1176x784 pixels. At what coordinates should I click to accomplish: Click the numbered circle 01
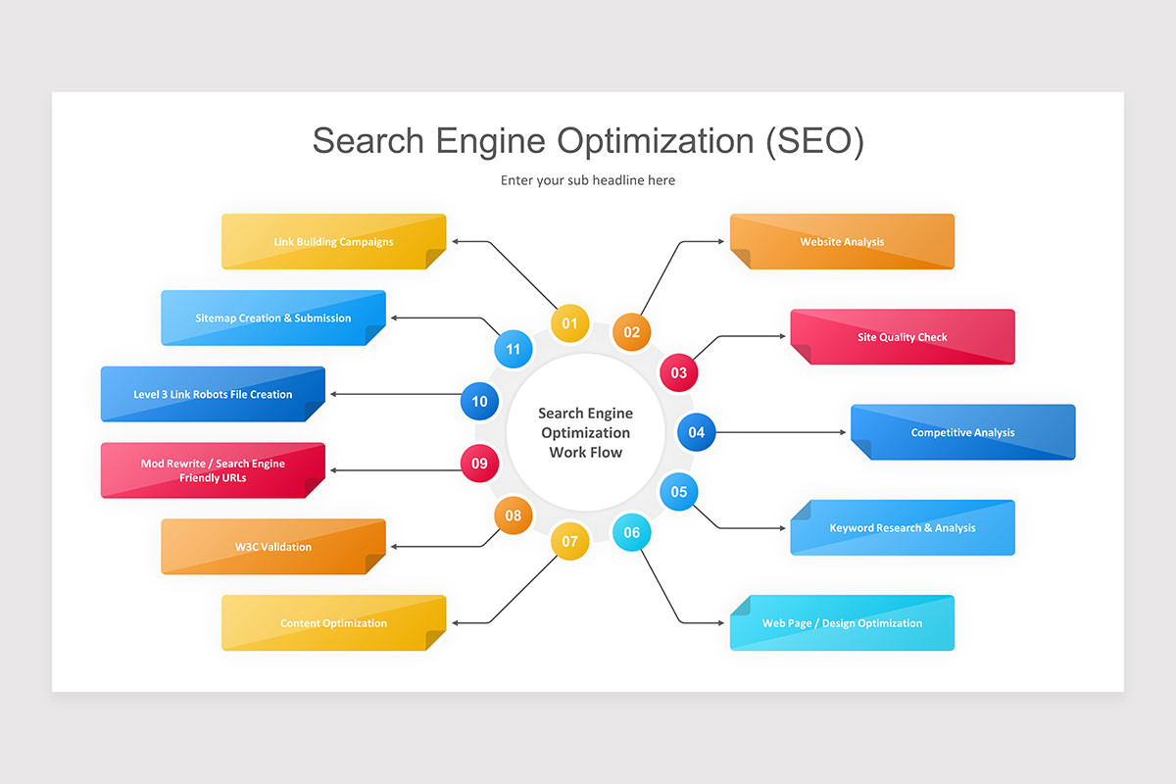[569, 323]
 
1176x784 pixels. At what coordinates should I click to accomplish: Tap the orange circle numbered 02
[631, 332]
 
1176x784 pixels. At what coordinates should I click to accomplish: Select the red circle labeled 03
[678, 372]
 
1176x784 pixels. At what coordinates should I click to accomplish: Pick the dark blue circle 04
[696, 432]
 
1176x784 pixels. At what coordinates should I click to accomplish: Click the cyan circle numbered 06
[631, 533]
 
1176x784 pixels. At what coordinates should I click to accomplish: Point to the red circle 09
[479, 464]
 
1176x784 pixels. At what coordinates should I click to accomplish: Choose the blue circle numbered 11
[513, 349]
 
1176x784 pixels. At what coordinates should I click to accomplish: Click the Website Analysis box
[842, 241]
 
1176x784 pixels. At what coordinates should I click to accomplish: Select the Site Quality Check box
[903, 337]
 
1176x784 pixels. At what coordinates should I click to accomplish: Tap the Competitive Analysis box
[962, 432]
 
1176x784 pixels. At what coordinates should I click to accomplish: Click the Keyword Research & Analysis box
[903, 527]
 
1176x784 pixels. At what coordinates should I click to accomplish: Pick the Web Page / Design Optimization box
[842, 622]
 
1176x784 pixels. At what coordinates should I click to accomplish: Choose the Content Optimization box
[333, 622]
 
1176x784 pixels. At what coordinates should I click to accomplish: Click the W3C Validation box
[273, 547]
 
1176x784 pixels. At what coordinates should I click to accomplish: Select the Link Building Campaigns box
[333, 241]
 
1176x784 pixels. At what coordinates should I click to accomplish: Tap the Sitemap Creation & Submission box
[273, 318]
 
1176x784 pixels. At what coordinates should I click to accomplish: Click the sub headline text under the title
[588, 180]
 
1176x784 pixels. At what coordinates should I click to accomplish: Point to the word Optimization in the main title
[655, 141]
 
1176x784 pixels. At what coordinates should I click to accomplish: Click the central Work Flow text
[585, 452]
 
